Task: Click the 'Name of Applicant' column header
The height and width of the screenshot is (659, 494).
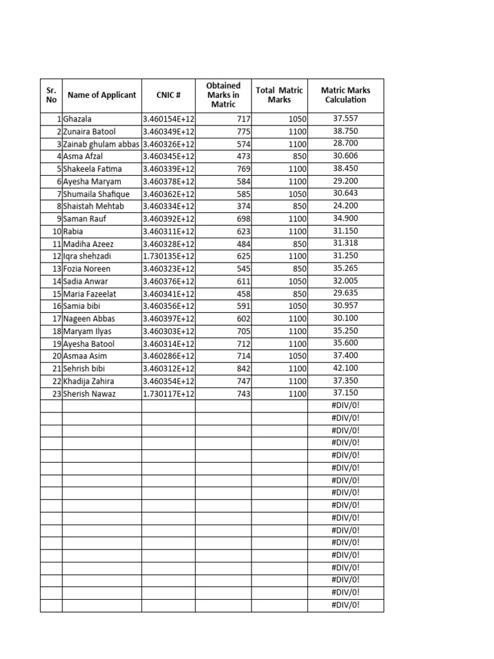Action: tap(102, 95)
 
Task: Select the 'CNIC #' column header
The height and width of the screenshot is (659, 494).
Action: tap(169, 95)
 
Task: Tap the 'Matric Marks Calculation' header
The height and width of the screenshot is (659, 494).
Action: tap(345, 95)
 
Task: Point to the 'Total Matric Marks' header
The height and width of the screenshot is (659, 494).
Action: tap(279, 95)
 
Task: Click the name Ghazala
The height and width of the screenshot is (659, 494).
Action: tap(78, 119)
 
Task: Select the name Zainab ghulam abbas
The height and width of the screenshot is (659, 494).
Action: tap(101, 144)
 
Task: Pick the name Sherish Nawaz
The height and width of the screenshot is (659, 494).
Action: tap(89, 393)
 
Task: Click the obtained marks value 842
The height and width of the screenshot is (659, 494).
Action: tap(242, 369)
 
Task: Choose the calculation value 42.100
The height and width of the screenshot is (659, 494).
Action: tap(345, 368)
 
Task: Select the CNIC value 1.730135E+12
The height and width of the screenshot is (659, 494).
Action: tap(169, 256)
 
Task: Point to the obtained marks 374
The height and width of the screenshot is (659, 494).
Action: tap(242, 207)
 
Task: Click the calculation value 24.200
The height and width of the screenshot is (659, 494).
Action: tap(345, 206)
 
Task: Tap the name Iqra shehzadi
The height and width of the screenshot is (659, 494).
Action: tap(87, 256)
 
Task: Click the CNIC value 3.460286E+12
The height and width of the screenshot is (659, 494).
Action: tap(169, 356)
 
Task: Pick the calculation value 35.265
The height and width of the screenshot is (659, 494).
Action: tap(345, 268)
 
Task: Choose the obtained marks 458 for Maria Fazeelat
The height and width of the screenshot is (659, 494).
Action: tap(242, 293)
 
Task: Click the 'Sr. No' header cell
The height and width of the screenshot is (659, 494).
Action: tap(51, 95)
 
